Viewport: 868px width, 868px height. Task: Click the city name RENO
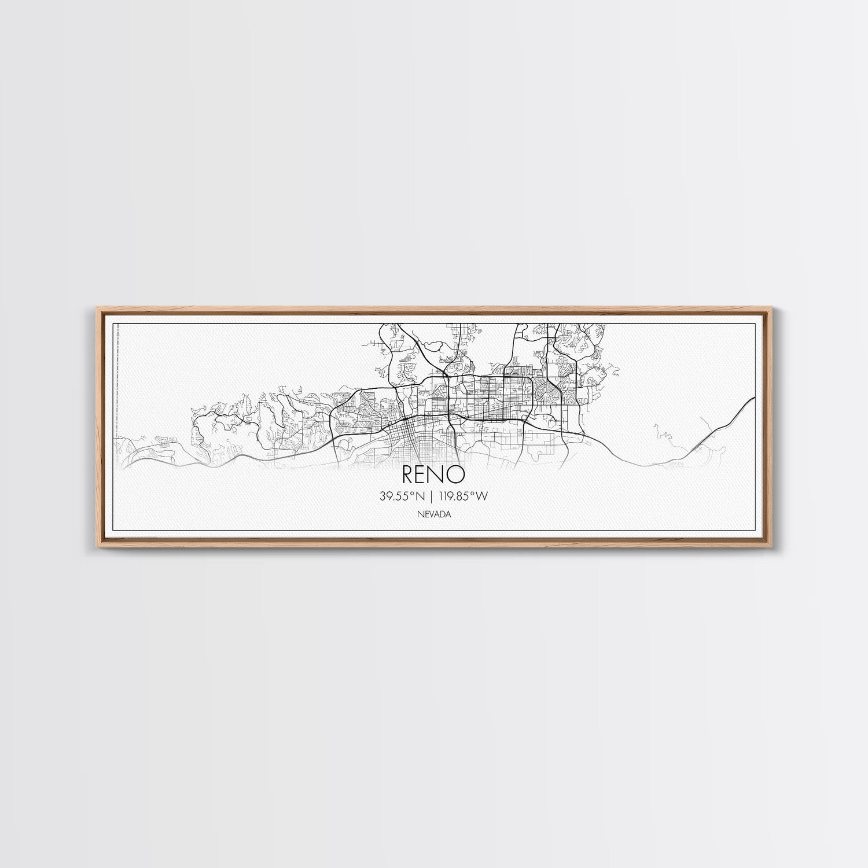pyautogui.click(x=433, y=475)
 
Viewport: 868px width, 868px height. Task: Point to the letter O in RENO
pyautogui.click(x=457, y=475)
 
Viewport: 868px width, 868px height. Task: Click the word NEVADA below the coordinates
pyautogui.click(x=433, y=514)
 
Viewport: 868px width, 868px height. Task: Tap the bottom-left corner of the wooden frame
pyautogui.click(x=94, y=547)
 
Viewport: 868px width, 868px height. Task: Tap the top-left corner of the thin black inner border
pyautogui.click(x=111, y=320)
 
